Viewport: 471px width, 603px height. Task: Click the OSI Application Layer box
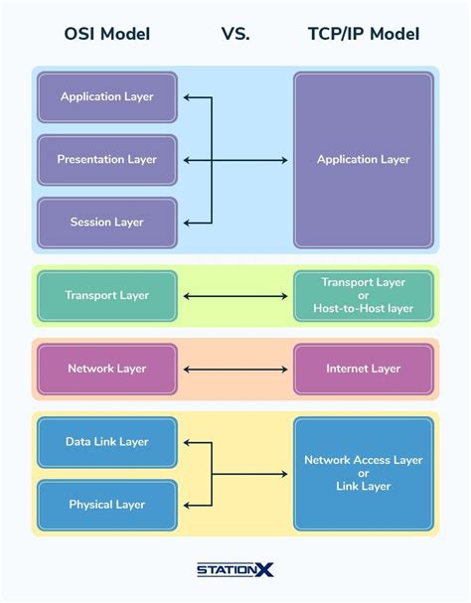[107, 97]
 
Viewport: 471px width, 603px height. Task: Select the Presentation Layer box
[107, 159]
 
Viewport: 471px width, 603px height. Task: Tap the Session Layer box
[107, 223]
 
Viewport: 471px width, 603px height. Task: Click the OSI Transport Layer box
[107, 295]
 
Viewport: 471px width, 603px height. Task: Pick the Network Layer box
[107, 369]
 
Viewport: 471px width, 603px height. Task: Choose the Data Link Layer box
[107, 441]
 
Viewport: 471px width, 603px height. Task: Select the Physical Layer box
[107, 505]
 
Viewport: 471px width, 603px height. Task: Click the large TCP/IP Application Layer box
[363, 159]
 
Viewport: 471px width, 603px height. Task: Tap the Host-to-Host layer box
[363, 295]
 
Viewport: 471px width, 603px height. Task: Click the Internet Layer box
[363, 369]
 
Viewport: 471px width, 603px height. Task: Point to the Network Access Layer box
[363, 473]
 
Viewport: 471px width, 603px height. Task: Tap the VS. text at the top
[235, 34]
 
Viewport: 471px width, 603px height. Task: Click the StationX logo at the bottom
[235, 569]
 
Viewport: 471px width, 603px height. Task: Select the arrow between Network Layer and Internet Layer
[235, 369]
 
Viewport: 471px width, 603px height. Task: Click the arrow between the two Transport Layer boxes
[235, 295]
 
